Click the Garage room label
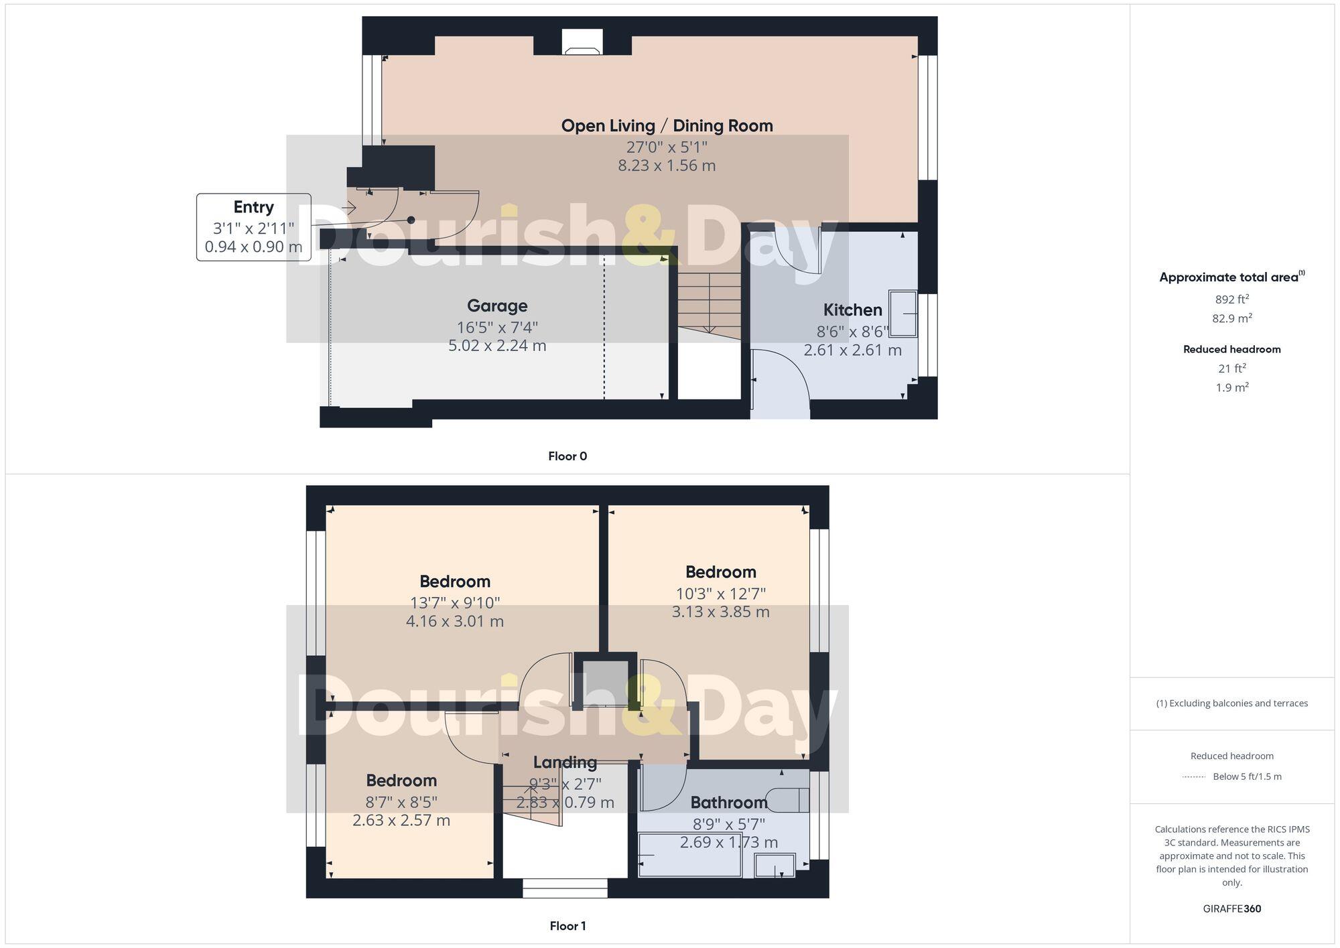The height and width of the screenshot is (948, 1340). click(497, 306)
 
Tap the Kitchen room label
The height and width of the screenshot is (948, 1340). click(852, 310)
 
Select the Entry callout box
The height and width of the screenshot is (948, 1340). click(253, 227)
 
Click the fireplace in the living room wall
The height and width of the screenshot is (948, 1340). click(582, 43)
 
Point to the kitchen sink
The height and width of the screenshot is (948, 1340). click(902, 313)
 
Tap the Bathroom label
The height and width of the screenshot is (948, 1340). click(728, 803)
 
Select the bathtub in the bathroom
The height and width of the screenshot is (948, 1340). click(690, 856)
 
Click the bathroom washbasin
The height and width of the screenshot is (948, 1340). click(775, 866)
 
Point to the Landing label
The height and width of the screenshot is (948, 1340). click(565, 762)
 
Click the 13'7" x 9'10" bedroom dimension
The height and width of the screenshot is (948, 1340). click(455, 603)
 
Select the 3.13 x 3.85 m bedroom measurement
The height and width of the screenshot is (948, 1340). click(720, 612)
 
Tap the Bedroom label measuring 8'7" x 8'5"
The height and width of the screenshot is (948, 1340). click(401, 781)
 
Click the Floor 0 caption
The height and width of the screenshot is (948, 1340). click(567, 456)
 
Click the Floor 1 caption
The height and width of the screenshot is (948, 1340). click(567, 926)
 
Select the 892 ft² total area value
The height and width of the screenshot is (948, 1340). click(1231, 299)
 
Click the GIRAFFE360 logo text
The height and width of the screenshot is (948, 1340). click(1231, 909)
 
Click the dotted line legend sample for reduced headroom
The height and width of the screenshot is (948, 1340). click(1193, 777)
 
